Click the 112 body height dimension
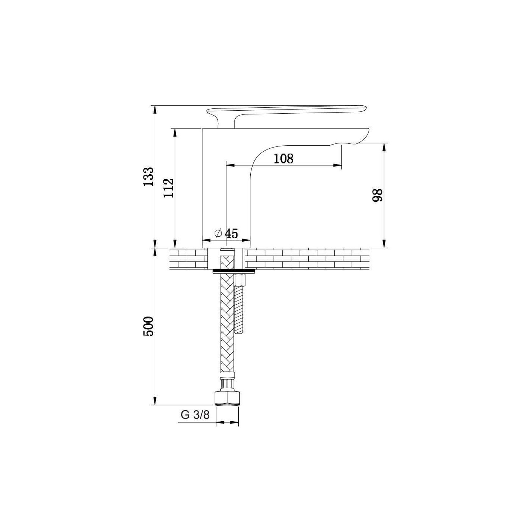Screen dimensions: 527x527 (x=169, y=188)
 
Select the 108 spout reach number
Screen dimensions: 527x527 (x=283, y=158)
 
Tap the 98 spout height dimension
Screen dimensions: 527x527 (x=378, y=195)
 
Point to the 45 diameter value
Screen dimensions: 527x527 (x=232, y=233)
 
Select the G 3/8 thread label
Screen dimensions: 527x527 (x=195, y=415)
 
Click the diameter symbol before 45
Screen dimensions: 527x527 (x=218, y=233)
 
